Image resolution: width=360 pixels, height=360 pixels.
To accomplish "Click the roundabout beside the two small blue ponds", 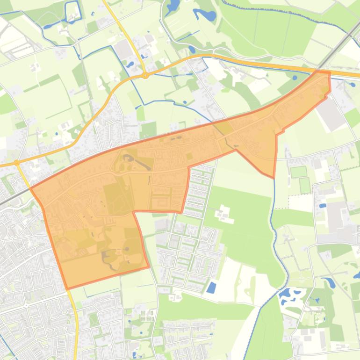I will pos(145,75).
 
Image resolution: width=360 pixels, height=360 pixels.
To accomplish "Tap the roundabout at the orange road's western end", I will pos(17,163).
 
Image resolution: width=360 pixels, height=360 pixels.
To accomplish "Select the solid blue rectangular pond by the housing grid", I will pos(211,287).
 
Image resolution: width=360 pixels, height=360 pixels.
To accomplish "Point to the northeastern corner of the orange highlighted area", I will pos(329,73).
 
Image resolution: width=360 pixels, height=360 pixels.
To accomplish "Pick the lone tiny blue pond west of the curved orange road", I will pos(56,134).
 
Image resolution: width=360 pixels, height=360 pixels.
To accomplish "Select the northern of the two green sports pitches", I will pos(299,172).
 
